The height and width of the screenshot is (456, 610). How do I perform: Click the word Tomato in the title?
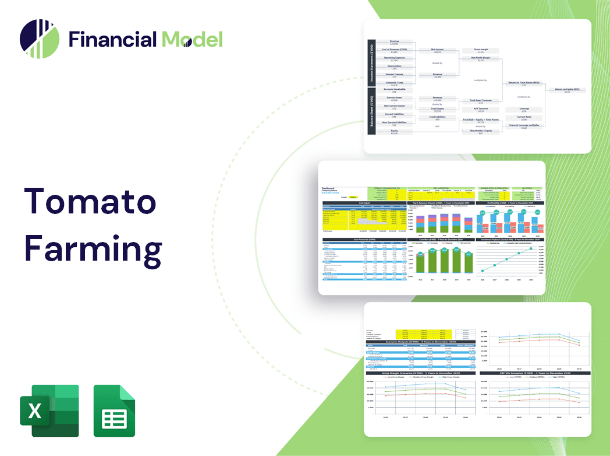pyautogui.click(x=90, y=201)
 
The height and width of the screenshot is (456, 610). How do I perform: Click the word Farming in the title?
pyautogui.click(x=93, y=250)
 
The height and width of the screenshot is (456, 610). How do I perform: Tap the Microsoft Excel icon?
pyautogui.click(x=49, y=411)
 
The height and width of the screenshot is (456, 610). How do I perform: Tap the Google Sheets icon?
pyautogui.click(x=115, y=411)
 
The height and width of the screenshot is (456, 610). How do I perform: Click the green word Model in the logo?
pyautogui.click(x=192, y=40)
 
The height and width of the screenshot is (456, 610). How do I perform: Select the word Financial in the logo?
pyautogui.click(x=113, y=40)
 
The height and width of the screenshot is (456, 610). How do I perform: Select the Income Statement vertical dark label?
pyautogui.click(x=370, y=62)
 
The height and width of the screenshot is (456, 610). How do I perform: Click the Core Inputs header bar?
pyautogui.click(x=364, y=204)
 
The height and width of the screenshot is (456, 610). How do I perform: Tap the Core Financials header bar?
pyautogui.click(x=364, y=240)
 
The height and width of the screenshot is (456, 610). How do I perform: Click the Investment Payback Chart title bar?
pyautogui.click(x=510, y=240)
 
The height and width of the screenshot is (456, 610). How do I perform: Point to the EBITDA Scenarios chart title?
pyautogui.click(x=534, y=373)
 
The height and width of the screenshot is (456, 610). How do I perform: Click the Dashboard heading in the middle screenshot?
pyautogui.click(x=329, y=188)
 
